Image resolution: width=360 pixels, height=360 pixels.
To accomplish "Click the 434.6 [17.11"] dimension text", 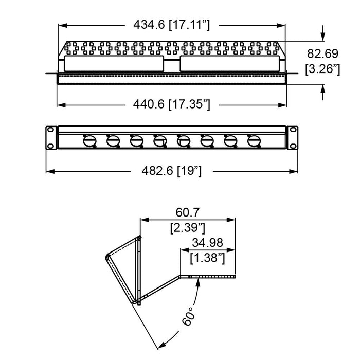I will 172,24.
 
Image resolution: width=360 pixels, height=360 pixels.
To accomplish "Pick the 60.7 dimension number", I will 188,211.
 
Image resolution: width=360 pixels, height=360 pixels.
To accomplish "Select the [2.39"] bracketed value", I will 188,227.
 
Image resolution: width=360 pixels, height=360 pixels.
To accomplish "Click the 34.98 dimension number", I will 208,242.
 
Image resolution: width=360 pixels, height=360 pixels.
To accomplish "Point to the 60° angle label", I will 189,315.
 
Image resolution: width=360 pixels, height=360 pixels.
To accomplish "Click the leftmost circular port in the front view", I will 88,140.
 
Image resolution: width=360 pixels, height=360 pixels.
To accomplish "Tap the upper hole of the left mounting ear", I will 51,131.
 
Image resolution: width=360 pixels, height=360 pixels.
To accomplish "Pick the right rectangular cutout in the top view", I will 230,63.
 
